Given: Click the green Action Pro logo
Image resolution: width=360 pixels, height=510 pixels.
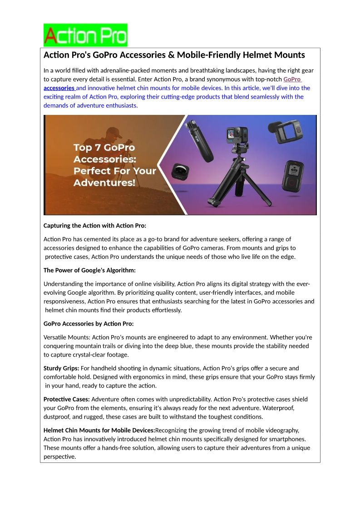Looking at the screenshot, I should tap(85, 35).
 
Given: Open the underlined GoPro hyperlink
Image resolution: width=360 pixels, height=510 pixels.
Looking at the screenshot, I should tap(292, 79).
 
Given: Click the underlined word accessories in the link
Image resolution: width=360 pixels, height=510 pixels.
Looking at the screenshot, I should tap(59, 88).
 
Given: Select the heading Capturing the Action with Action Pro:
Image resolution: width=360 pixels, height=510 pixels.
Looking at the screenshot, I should tap(95, 226).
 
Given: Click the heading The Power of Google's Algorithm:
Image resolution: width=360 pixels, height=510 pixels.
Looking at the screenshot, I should tap(89, 270).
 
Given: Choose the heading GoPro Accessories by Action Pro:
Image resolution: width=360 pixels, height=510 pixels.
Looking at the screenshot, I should tap(89, 324).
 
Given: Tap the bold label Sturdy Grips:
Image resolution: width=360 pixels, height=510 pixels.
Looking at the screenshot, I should tap(61, 368).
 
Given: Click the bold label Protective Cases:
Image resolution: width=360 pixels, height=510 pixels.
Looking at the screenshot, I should tap(67, 399).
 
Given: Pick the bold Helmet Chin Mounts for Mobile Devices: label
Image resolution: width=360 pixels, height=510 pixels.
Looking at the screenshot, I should tap(99, 430).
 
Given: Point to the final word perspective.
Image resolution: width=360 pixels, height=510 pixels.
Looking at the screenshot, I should tap(59, 456).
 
